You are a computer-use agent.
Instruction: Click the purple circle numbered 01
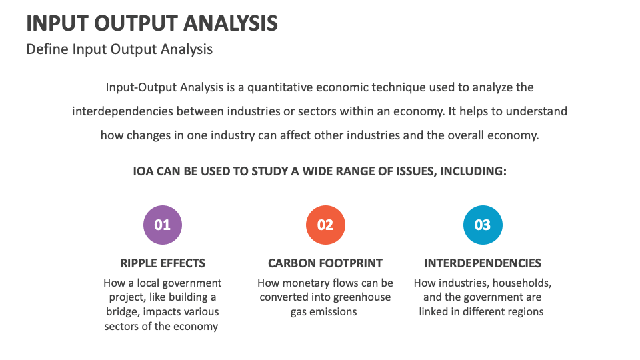pos(163,225)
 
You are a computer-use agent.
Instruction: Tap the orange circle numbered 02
pos(325,225)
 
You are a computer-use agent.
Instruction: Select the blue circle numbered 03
pos(483,225)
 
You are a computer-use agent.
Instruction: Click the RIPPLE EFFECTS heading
pos(163,263)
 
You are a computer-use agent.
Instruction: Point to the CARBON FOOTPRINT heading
pos(325,263)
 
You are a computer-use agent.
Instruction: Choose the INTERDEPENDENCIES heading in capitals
pos(483,263)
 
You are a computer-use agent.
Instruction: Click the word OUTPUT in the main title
pos(135,23)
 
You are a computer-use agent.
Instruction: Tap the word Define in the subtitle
pos(47,49)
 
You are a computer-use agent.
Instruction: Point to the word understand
pos(536,111)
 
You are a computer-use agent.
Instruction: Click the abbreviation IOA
pos(143,171)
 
